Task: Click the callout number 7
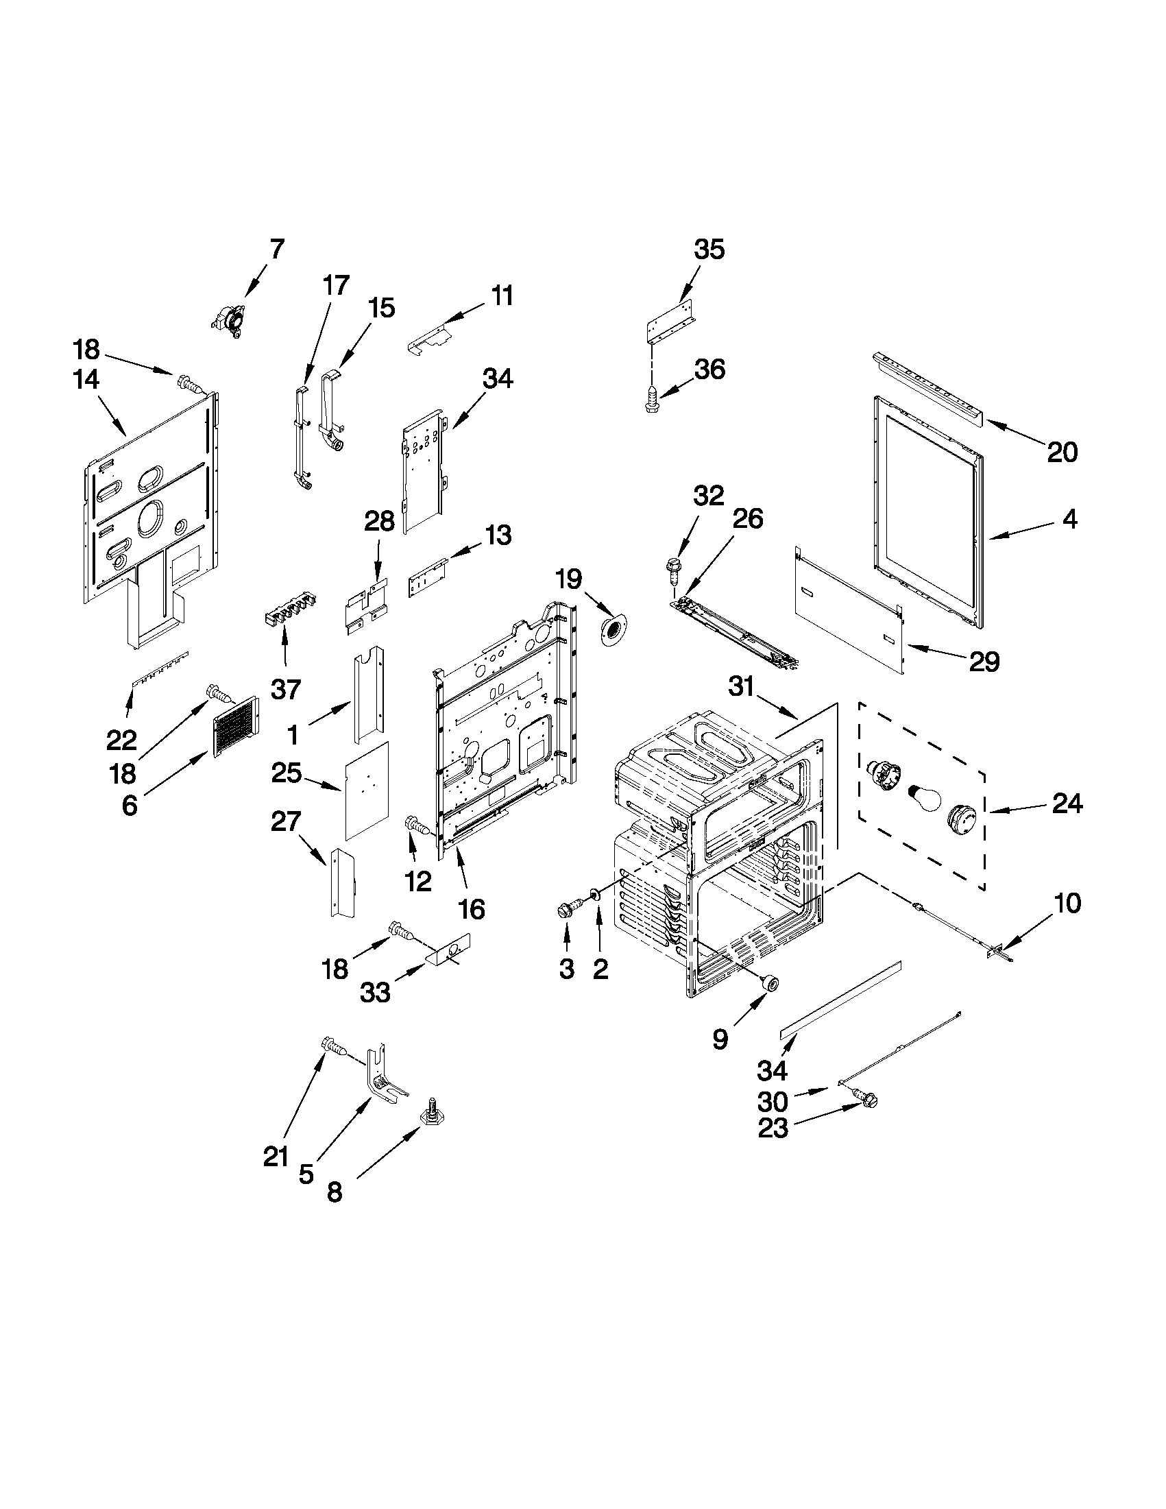[x=276, y=248]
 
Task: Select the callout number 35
[x=709, y=249]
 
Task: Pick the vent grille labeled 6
[x=235, y=723]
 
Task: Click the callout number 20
[x=1062, y=452]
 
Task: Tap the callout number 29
[x=984, y=662]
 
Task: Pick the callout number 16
[x=471, y=909]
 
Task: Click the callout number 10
[x=1068, y=902]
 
